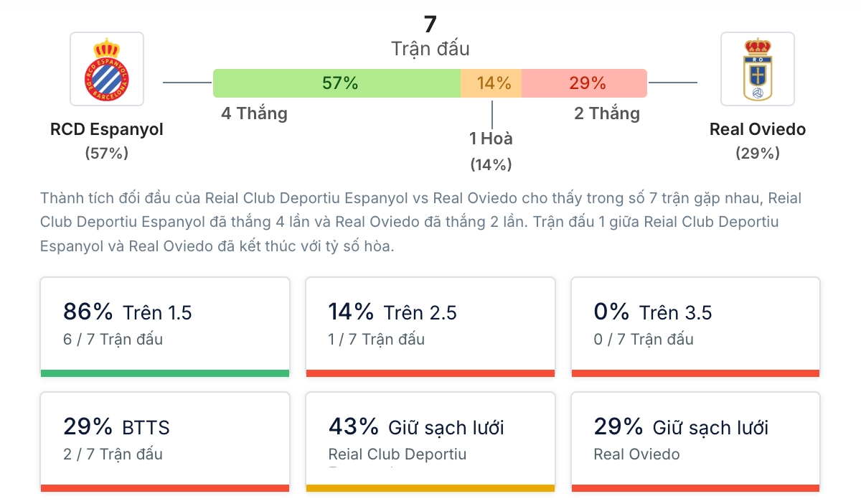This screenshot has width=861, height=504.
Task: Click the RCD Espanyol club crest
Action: (x=107, y=69)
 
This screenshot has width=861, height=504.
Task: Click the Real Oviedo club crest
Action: (x=757, y=69)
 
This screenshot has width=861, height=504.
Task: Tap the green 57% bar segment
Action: (x=337, y=83)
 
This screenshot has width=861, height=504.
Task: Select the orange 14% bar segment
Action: (x=491, y=83)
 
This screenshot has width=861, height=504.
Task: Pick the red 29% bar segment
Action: (x=585, y=83)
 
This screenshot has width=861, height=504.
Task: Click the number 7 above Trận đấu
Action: (x=430, y=24)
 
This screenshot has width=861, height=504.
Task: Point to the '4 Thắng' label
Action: (x=254, y=113)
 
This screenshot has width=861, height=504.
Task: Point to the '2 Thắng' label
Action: (x=607, y=113)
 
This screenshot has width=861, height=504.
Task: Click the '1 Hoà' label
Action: (x=491, y=139)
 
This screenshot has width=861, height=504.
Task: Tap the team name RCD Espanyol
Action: (x=107, y=129)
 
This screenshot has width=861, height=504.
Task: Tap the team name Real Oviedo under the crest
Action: (x=758, y=129)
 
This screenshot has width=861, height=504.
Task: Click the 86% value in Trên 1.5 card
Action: (x=88, y=312)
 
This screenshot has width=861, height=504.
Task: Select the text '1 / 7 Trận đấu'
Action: (x=377, y=339)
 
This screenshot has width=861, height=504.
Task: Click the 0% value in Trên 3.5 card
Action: (x=611, y=312)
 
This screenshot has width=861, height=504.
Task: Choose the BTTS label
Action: (x=146, y=428)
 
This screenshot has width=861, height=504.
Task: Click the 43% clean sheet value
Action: (x=353, y=426)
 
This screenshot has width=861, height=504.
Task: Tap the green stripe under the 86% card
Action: (x=165, y=373)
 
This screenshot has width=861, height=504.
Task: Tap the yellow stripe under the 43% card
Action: (x=430, y=488)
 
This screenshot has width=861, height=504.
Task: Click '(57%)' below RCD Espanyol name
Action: (x=107, y=153)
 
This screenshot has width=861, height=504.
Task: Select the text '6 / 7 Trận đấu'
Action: (x=113, y=339)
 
